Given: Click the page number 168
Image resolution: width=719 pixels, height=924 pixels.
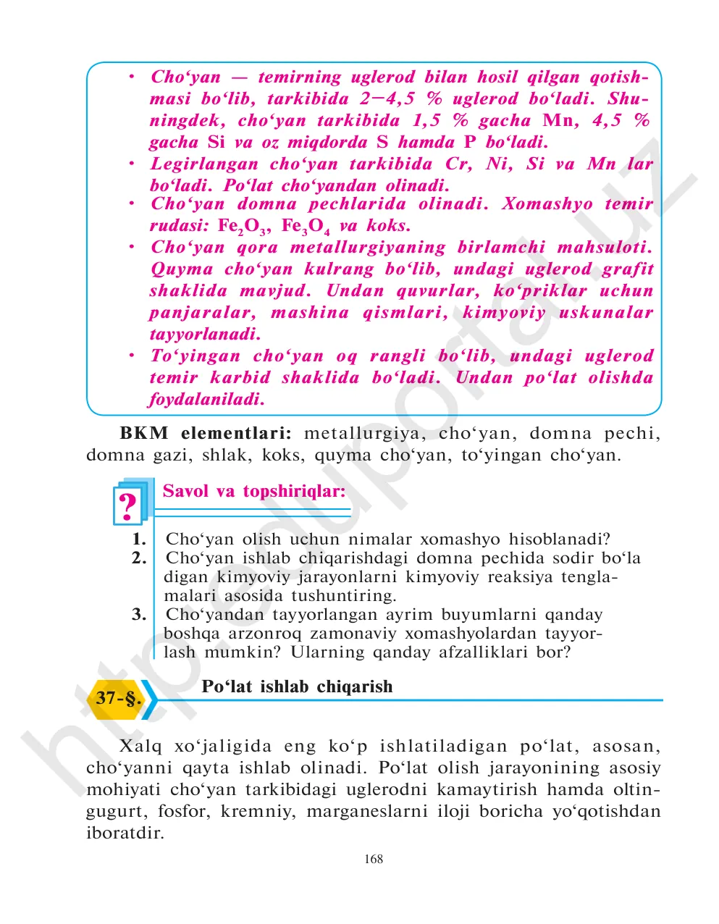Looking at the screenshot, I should point(374,860).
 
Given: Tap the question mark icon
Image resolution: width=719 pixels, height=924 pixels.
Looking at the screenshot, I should point(128,505).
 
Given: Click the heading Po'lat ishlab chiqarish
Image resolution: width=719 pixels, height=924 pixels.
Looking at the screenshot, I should point(297,686).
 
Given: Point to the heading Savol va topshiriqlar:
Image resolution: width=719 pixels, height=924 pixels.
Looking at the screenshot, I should point(254,491).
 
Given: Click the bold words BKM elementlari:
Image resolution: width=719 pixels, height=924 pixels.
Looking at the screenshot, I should point(206,434).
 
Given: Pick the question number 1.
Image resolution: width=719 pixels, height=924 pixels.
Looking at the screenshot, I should point(139,539).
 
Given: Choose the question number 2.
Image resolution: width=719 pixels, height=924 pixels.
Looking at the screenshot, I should point(139,558).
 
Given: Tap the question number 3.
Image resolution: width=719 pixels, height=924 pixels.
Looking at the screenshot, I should point(139,615).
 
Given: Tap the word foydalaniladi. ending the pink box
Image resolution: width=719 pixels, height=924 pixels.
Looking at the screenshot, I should point(206,399).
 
